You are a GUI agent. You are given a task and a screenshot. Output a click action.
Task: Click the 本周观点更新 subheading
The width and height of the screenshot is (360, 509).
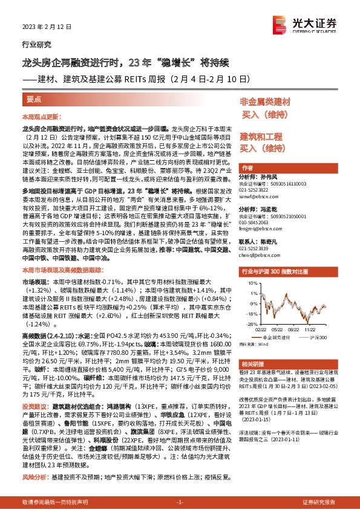point(42,116)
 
